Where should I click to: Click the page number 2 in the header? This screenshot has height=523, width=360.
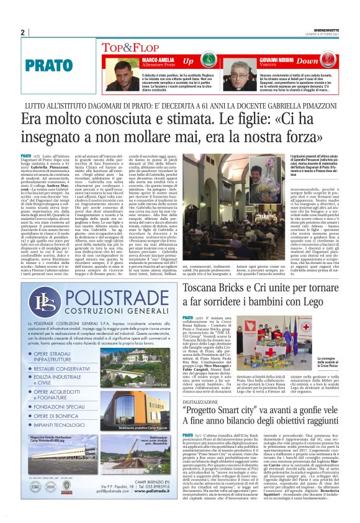pyautogui.click(x=23, y=33)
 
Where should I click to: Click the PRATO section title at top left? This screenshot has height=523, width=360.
pyautogui.click(x=46, y=64)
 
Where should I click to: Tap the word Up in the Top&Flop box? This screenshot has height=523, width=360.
pyautogui.click(x=187, y=61)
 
